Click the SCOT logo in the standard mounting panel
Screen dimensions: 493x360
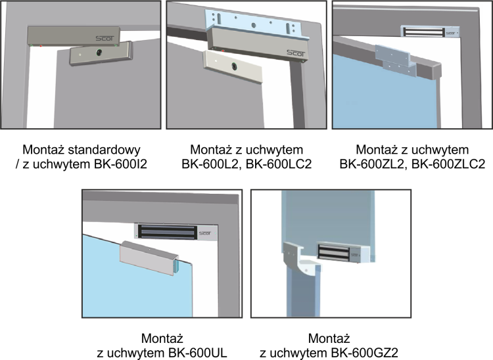click(x=105, y=38)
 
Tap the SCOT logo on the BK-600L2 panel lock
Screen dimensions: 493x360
click(x=296, y=53)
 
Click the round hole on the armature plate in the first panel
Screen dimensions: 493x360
click(x=100, y=53)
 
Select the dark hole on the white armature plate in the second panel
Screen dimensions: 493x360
click(x=234, y=66)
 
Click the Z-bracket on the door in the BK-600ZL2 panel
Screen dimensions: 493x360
click(x=396, y=60)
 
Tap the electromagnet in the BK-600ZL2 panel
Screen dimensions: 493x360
click(x=429, y=32)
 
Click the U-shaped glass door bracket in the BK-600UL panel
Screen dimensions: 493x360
click(x=149, y=258)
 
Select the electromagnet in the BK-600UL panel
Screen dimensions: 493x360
click(x=176, y=233)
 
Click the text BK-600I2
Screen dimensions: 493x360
click(x=120, y=164)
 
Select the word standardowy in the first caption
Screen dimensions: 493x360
click(x=104, y=150)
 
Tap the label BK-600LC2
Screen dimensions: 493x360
click(x=279, y=164)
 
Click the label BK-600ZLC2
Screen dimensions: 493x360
click(x=448, y=164)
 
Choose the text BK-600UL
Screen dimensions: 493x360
click(x=198, y=353)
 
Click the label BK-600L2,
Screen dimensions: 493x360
click(x=212, y=164)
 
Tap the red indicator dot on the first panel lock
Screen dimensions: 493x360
click(x=41, y=46)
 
